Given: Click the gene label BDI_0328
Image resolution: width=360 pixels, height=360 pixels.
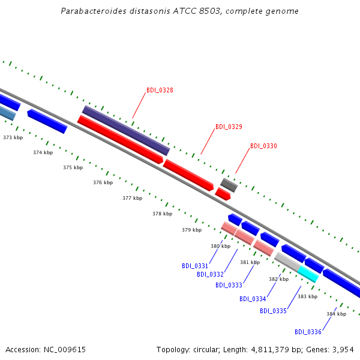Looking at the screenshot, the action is pos(160,91).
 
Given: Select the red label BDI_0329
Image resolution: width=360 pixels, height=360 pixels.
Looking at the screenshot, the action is pos(229,127).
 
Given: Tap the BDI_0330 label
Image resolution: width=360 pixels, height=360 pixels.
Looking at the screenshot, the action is pos(263,146).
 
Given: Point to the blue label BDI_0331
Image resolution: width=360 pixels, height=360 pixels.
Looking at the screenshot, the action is pos(195,266).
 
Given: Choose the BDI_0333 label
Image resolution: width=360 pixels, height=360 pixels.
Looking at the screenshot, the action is pos(229,285).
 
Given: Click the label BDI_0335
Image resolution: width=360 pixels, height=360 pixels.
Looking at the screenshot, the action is pos(273,311).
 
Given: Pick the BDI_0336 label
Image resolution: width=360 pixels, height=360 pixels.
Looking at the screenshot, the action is pos(308,332).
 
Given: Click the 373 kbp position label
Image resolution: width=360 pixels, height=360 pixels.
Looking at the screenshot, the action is pos(13,138).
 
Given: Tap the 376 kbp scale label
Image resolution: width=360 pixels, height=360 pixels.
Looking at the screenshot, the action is pos(103,182).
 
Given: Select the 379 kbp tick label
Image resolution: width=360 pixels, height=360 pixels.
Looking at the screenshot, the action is pos(191,230).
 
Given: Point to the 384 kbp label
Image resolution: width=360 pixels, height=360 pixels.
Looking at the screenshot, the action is pos(336,314).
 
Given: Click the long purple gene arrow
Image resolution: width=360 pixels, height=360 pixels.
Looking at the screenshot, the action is pos(126,130).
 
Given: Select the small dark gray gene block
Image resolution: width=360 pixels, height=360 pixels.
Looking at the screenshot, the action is pos(229,185).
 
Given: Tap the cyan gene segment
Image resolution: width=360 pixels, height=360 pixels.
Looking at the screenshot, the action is pos(308,274).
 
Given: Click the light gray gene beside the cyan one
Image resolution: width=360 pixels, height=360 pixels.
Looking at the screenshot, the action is pos(287,261).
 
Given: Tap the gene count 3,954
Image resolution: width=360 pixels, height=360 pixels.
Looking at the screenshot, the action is pos(342,349).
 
